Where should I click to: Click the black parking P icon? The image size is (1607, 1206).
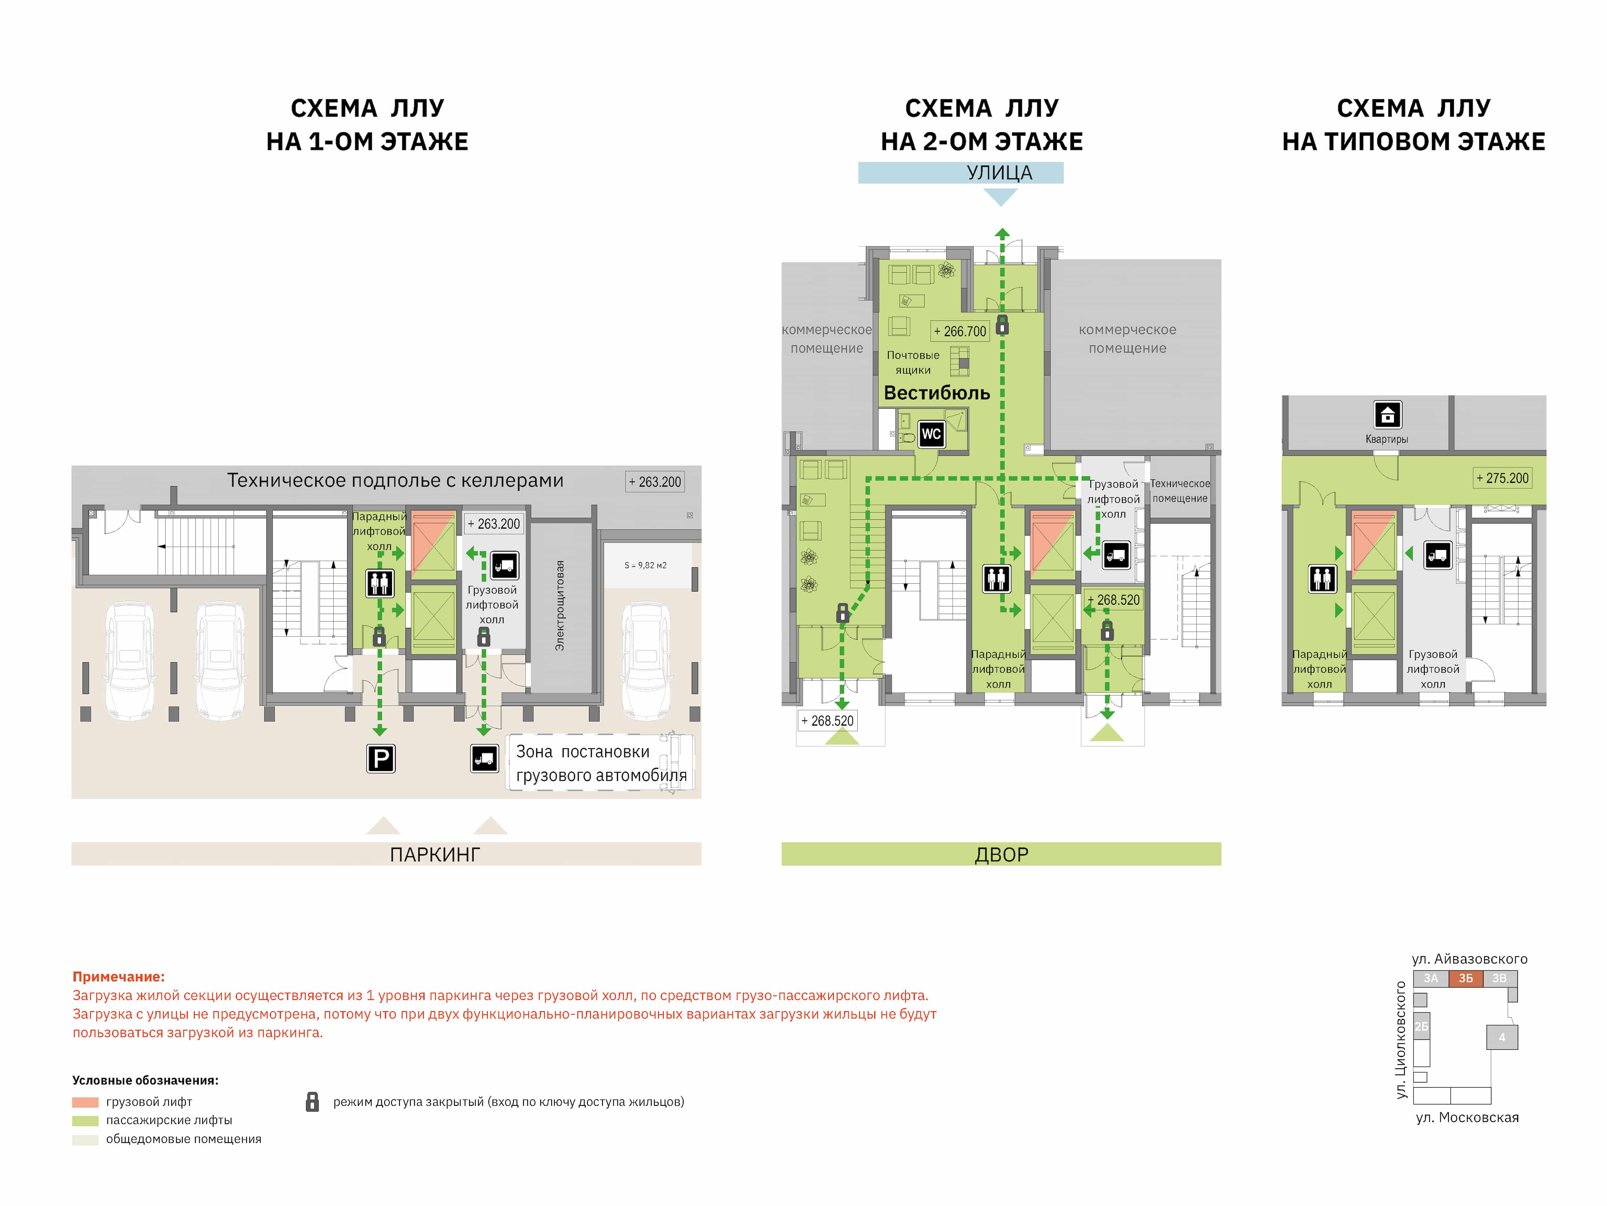[x=381, y=759]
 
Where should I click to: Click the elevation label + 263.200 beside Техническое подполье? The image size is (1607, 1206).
[x=654, y=482]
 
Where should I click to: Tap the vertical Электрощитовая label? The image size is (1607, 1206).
[x=559, y=605]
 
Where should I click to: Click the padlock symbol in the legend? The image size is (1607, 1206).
[x=312, y=1101]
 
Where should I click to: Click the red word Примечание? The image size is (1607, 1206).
[x=118, y=977]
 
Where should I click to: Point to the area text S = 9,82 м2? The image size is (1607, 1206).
[x=645, y=565]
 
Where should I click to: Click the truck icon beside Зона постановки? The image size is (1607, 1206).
[x=485, y=759]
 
